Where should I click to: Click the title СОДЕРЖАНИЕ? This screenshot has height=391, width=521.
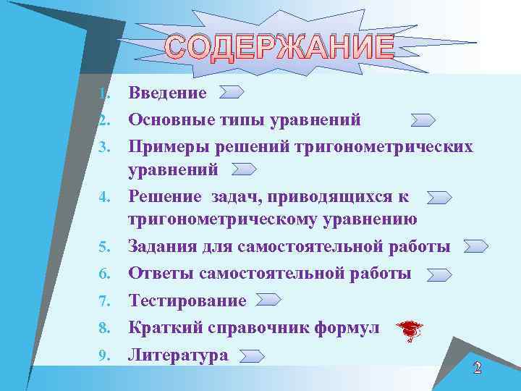coord(280,48)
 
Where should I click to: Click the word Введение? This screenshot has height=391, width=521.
coord(167,93)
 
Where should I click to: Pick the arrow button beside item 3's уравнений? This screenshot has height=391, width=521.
coord(244,169)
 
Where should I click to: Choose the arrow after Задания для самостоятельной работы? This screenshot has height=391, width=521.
coord(475,246)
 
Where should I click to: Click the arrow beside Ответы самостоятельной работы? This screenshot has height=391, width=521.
coord(439,274)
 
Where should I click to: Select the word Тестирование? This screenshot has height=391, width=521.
coord(187,300)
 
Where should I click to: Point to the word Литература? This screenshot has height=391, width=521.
coord(178,355)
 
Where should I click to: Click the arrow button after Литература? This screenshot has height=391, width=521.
coord(251,356)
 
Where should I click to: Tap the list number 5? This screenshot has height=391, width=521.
coord(105,248)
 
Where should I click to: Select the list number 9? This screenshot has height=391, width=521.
coord(105,356)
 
